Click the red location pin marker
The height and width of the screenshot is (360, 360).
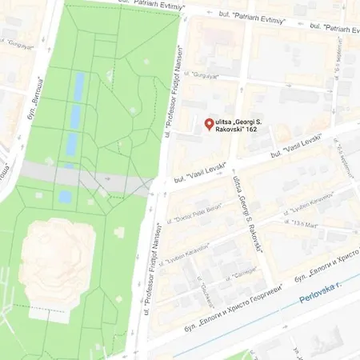point(209,124)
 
